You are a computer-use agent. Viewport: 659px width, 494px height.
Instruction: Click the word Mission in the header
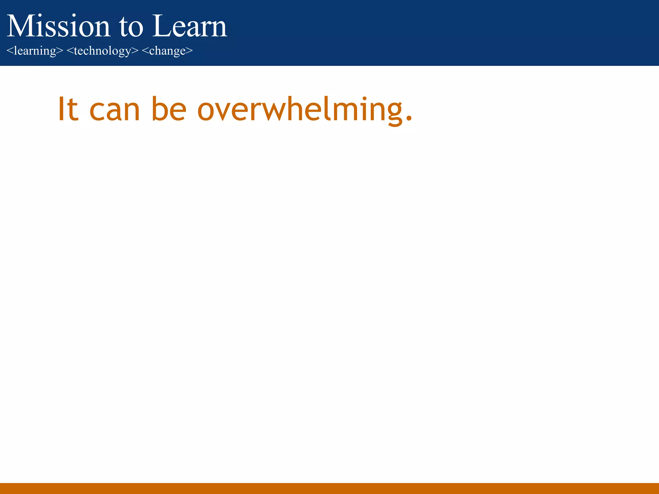tap(58, 26)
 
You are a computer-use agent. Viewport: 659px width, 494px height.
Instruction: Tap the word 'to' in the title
tap(131, 27)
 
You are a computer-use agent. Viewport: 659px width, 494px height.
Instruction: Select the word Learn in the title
tap(190, 26)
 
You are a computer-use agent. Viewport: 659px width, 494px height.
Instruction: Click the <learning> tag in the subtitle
tap(35, 51)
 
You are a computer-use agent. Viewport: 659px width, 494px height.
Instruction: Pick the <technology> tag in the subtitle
tap(102, 51)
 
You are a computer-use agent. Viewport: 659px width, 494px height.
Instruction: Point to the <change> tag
tap(167, 51)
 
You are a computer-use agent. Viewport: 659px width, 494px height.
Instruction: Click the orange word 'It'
tap(68, 109)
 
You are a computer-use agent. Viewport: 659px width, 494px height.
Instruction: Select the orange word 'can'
tap(115, 111)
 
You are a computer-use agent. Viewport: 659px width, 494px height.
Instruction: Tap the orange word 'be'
tap(169, 109)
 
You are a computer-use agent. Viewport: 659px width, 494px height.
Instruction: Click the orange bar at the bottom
tap(329, 488)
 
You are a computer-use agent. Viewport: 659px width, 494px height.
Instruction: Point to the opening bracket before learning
tap(10, 51)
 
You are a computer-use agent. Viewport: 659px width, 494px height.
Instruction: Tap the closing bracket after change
tap(189, 51)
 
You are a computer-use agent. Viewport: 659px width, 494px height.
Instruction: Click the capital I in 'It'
tap(61, 109)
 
